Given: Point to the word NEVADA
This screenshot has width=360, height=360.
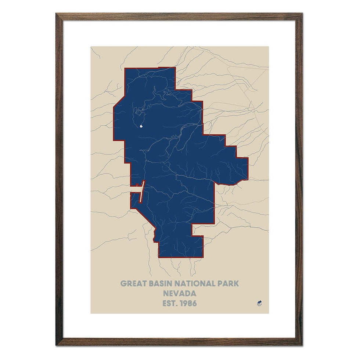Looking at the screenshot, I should (x=180, y=294).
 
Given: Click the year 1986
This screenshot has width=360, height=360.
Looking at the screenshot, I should (x=188, y=303).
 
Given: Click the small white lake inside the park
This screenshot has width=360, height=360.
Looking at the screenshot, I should (x=142, y=127).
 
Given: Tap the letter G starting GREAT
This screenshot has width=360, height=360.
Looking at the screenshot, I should (x=123, y=284).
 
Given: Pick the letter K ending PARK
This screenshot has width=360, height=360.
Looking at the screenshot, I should (x=236, y=284).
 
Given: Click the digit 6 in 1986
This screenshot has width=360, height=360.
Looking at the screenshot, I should (x=194, y=303).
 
